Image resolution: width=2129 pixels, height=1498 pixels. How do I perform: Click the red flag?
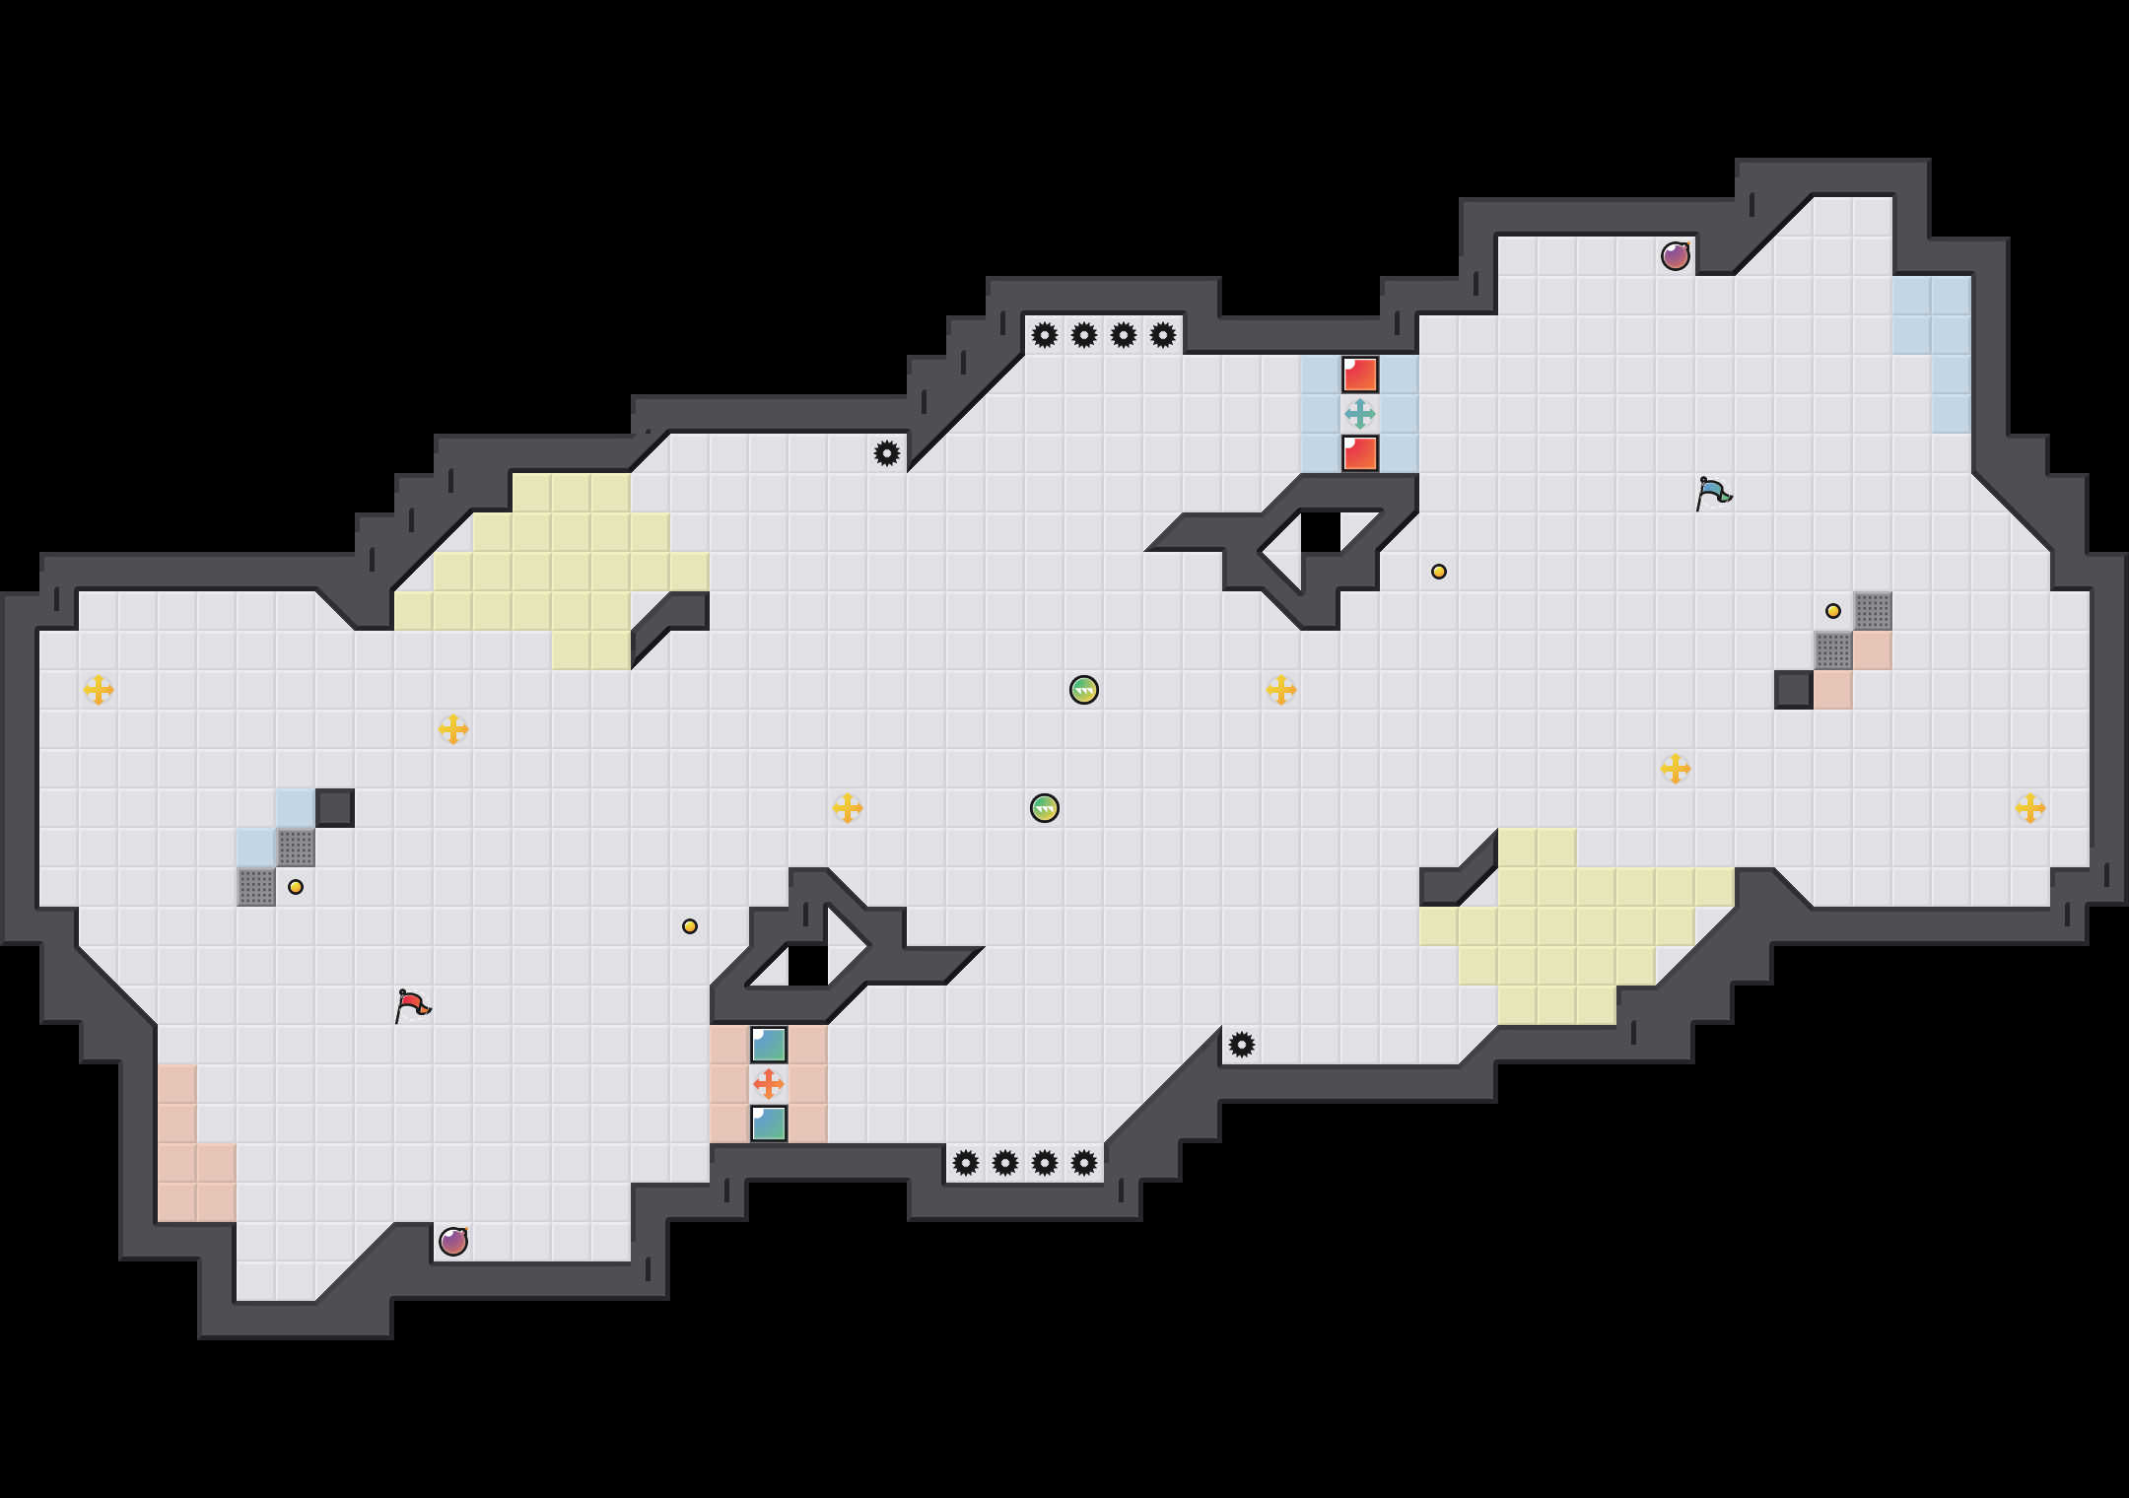pyautogui.click(x=412, y=1005)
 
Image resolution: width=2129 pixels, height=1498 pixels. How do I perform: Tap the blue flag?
pyautogui.click(x=1713, y=493)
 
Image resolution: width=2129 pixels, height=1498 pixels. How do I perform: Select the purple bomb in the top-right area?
pyautogui.click(x=1676, y=256)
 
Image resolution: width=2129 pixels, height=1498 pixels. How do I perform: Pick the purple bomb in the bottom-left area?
pyautogui.click(x=453, y=1242)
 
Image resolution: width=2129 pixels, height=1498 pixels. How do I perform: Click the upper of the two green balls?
pyautogui.click(x=1084, y=690)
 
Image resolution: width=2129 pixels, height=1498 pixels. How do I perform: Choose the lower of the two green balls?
pyautogui.click(x=1045, y=808)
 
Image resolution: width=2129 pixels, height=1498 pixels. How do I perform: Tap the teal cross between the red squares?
pyautogui.click(x=1360, y=414)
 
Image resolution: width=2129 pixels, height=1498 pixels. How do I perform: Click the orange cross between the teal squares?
pyautogui.click(x=769, y=1084)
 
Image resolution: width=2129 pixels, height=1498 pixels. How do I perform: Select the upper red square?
pyautogui.click(x=1360, y=374)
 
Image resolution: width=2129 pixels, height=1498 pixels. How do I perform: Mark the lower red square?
pyautogui.click(x=1360, y=453)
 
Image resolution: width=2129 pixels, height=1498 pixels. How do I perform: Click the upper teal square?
pyautogui.click(x=769, y=1045)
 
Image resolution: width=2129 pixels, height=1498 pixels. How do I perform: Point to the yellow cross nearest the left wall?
pyautogui.click(x=99, y=690)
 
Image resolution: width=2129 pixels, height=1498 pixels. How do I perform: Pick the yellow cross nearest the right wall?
pyautogui.click(x=2030, y=808)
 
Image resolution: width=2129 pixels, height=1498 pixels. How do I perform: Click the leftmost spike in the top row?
pyautogui.click(x=1045, y=335)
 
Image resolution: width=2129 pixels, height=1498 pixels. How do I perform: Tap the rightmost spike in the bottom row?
pyautogui.click(x=1084, y=1163)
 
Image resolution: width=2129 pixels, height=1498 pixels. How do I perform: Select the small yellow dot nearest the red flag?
pyautogui.click(x=296, y=887)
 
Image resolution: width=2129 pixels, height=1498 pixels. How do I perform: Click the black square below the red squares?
pyautogui.click(x=1321, y=532)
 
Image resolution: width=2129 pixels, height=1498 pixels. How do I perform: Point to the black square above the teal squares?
pyautogui.click(x=808, y=966)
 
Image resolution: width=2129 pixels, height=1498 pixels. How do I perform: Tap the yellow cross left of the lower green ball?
pyautogui.click(x=848, y=808)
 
